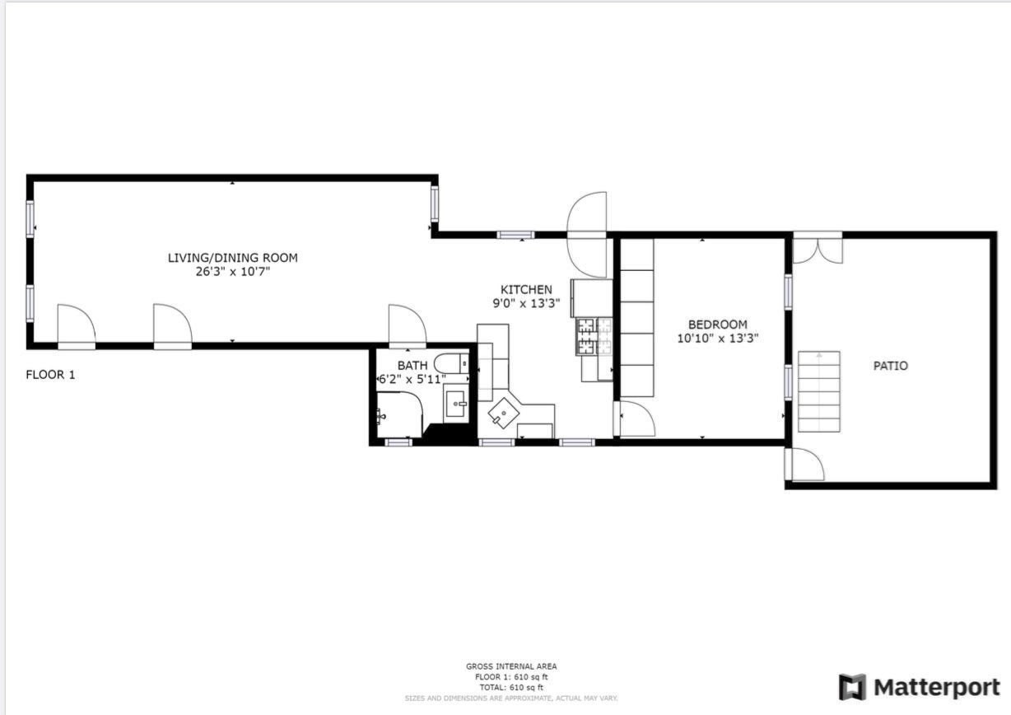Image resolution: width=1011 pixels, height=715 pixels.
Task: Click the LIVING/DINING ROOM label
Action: coord(232,258)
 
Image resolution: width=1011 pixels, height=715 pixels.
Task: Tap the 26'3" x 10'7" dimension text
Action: coord(232,271)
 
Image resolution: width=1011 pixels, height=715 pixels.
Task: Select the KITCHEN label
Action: coord(526,289)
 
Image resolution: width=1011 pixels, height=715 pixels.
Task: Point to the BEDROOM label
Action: coord(717,325)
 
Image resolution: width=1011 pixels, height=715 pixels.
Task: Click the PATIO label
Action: coord(890,366)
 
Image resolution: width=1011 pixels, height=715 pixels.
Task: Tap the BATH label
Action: coord(412,366)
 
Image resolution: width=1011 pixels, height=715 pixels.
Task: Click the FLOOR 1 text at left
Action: coord(50,375)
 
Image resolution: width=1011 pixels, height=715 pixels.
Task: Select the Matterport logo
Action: coord(919,687)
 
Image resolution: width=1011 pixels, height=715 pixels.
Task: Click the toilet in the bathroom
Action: coord(451,362)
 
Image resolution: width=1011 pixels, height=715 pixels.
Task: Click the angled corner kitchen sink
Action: coord(502,411)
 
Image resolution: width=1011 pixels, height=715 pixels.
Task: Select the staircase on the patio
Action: coord(818,392)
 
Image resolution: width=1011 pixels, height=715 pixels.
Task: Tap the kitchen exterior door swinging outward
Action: coord(587,235)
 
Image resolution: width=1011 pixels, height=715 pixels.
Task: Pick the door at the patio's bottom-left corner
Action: coord(806,465)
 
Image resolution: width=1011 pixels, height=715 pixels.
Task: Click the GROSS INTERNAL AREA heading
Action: coord(510,666)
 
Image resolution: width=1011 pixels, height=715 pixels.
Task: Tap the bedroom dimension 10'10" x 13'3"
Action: coord(717,338)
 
